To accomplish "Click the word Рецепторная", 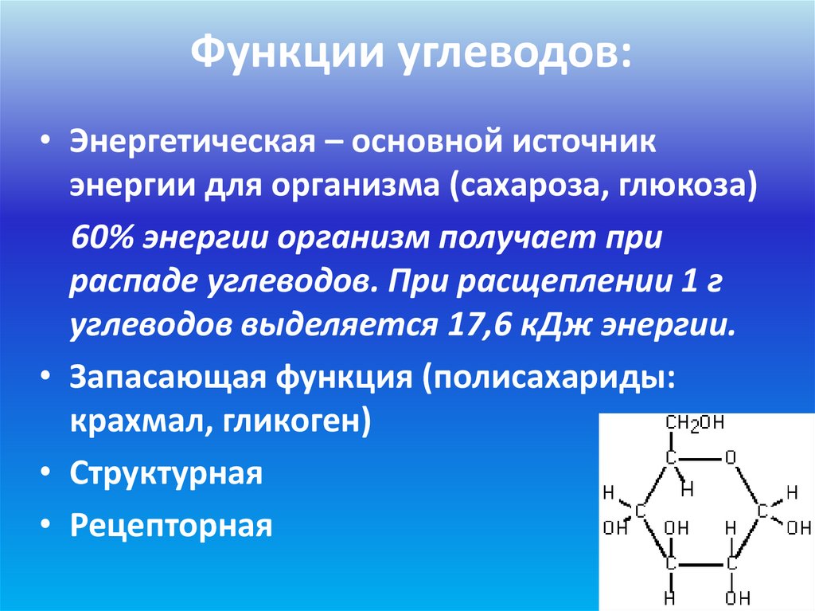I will point(170,526).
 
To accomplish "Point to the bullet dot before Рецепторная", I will point(49,526).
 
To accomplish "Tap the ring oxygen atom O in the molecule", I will point(731,458).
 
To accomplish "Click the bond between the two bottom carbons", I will point(700,563).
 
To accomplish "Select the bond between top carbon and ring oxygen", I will point(700,459).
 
